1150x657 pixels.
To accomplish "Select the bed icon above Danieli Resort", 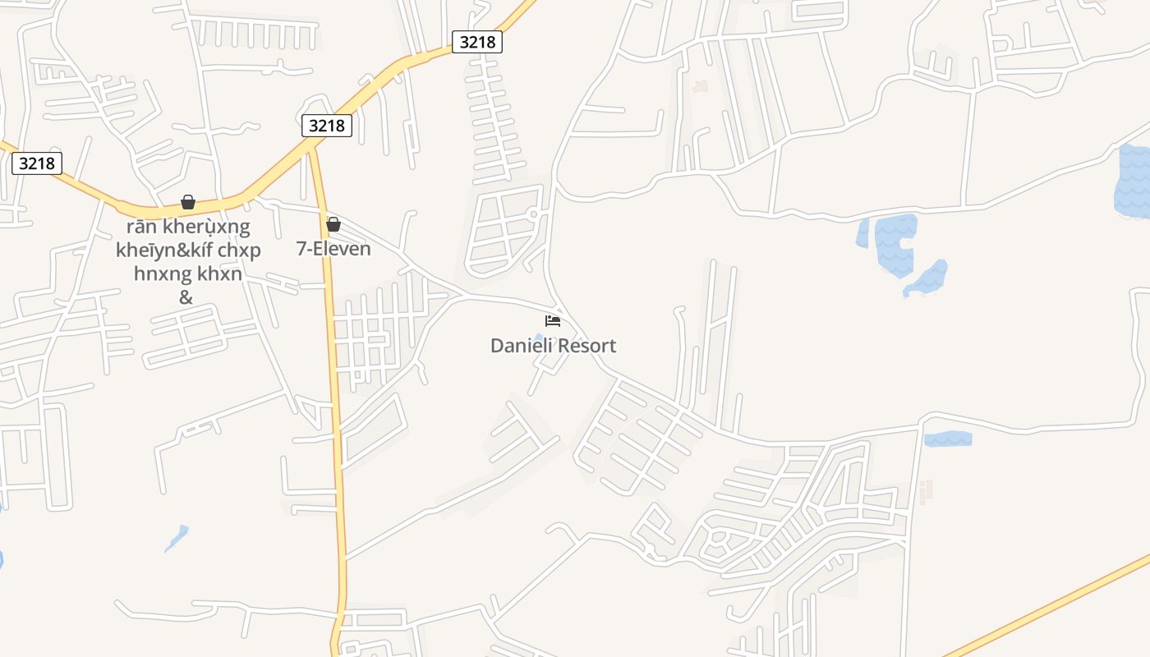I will [x=553, y=320].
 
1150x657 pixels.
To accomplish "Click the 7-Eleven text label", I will [x=333, y=248].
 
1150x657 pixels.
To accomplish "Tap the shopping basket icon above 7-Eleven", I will [x=333, y=224].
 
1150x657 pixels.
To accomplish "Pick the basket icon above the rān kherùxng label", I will [x=188, y=202].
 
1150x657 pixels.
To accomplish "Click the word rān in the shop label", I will [x=140, y=227].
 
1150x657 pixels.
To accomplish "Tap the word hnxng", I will [x=161, y=274].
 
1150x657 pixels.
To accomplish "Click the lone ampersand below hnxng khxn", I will [x=186, y=297].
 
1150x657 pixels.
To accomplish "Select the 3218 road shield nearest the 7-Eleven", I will [x=327, y=126].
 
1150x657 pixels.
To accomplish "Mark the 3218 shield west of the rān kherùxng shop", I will [x=38, y=163].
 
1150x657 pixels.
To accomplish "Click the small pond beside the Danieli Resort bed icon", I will [x=538, y=338].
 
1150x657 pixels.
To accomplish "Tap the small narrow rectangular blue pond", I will [x=948, y=439].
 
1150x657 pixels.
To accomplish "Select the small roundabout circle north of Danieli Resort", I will [x=533, y=214].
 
